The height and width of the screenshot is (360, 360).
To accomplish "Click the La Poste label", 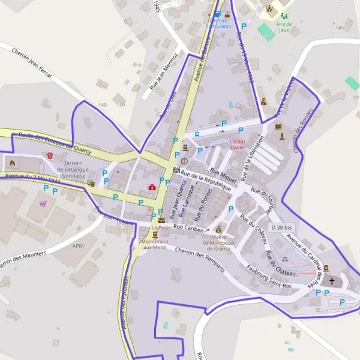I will (x=161, y=228).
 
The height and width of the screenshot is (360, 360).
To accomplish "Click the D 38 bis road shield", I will (x=281, y=228).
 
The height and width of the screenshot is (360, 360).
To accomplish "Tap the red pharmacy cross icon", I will (x=152, y=187).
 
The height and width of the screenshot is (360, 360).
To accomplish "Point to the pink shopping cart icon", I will (x=43, y=204).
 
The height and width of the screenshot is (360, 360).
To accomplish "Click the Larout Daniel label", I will (x=238, y=144).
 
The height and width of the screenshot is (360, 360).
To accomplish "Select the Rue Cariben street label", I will (x=188, y=229).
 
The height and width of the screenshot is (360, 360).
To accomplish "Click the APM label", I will (x=78, y=246).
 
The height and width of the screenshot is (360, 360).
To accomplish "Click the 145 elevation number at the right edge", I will (x=341, y=28).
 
